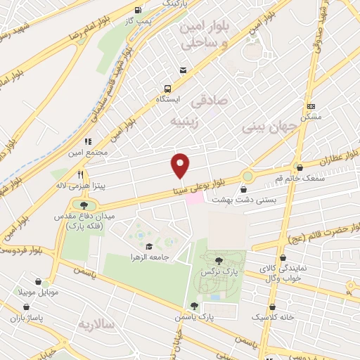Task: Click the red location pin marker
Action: (181, 165)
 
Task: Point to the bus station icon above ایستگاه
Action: (167, 89)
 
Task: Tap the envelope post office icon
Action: (184, 70)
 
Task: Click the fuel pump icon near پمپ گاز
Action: (136, 11)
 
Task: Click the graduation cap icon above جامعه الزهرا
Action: (149, 247)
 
